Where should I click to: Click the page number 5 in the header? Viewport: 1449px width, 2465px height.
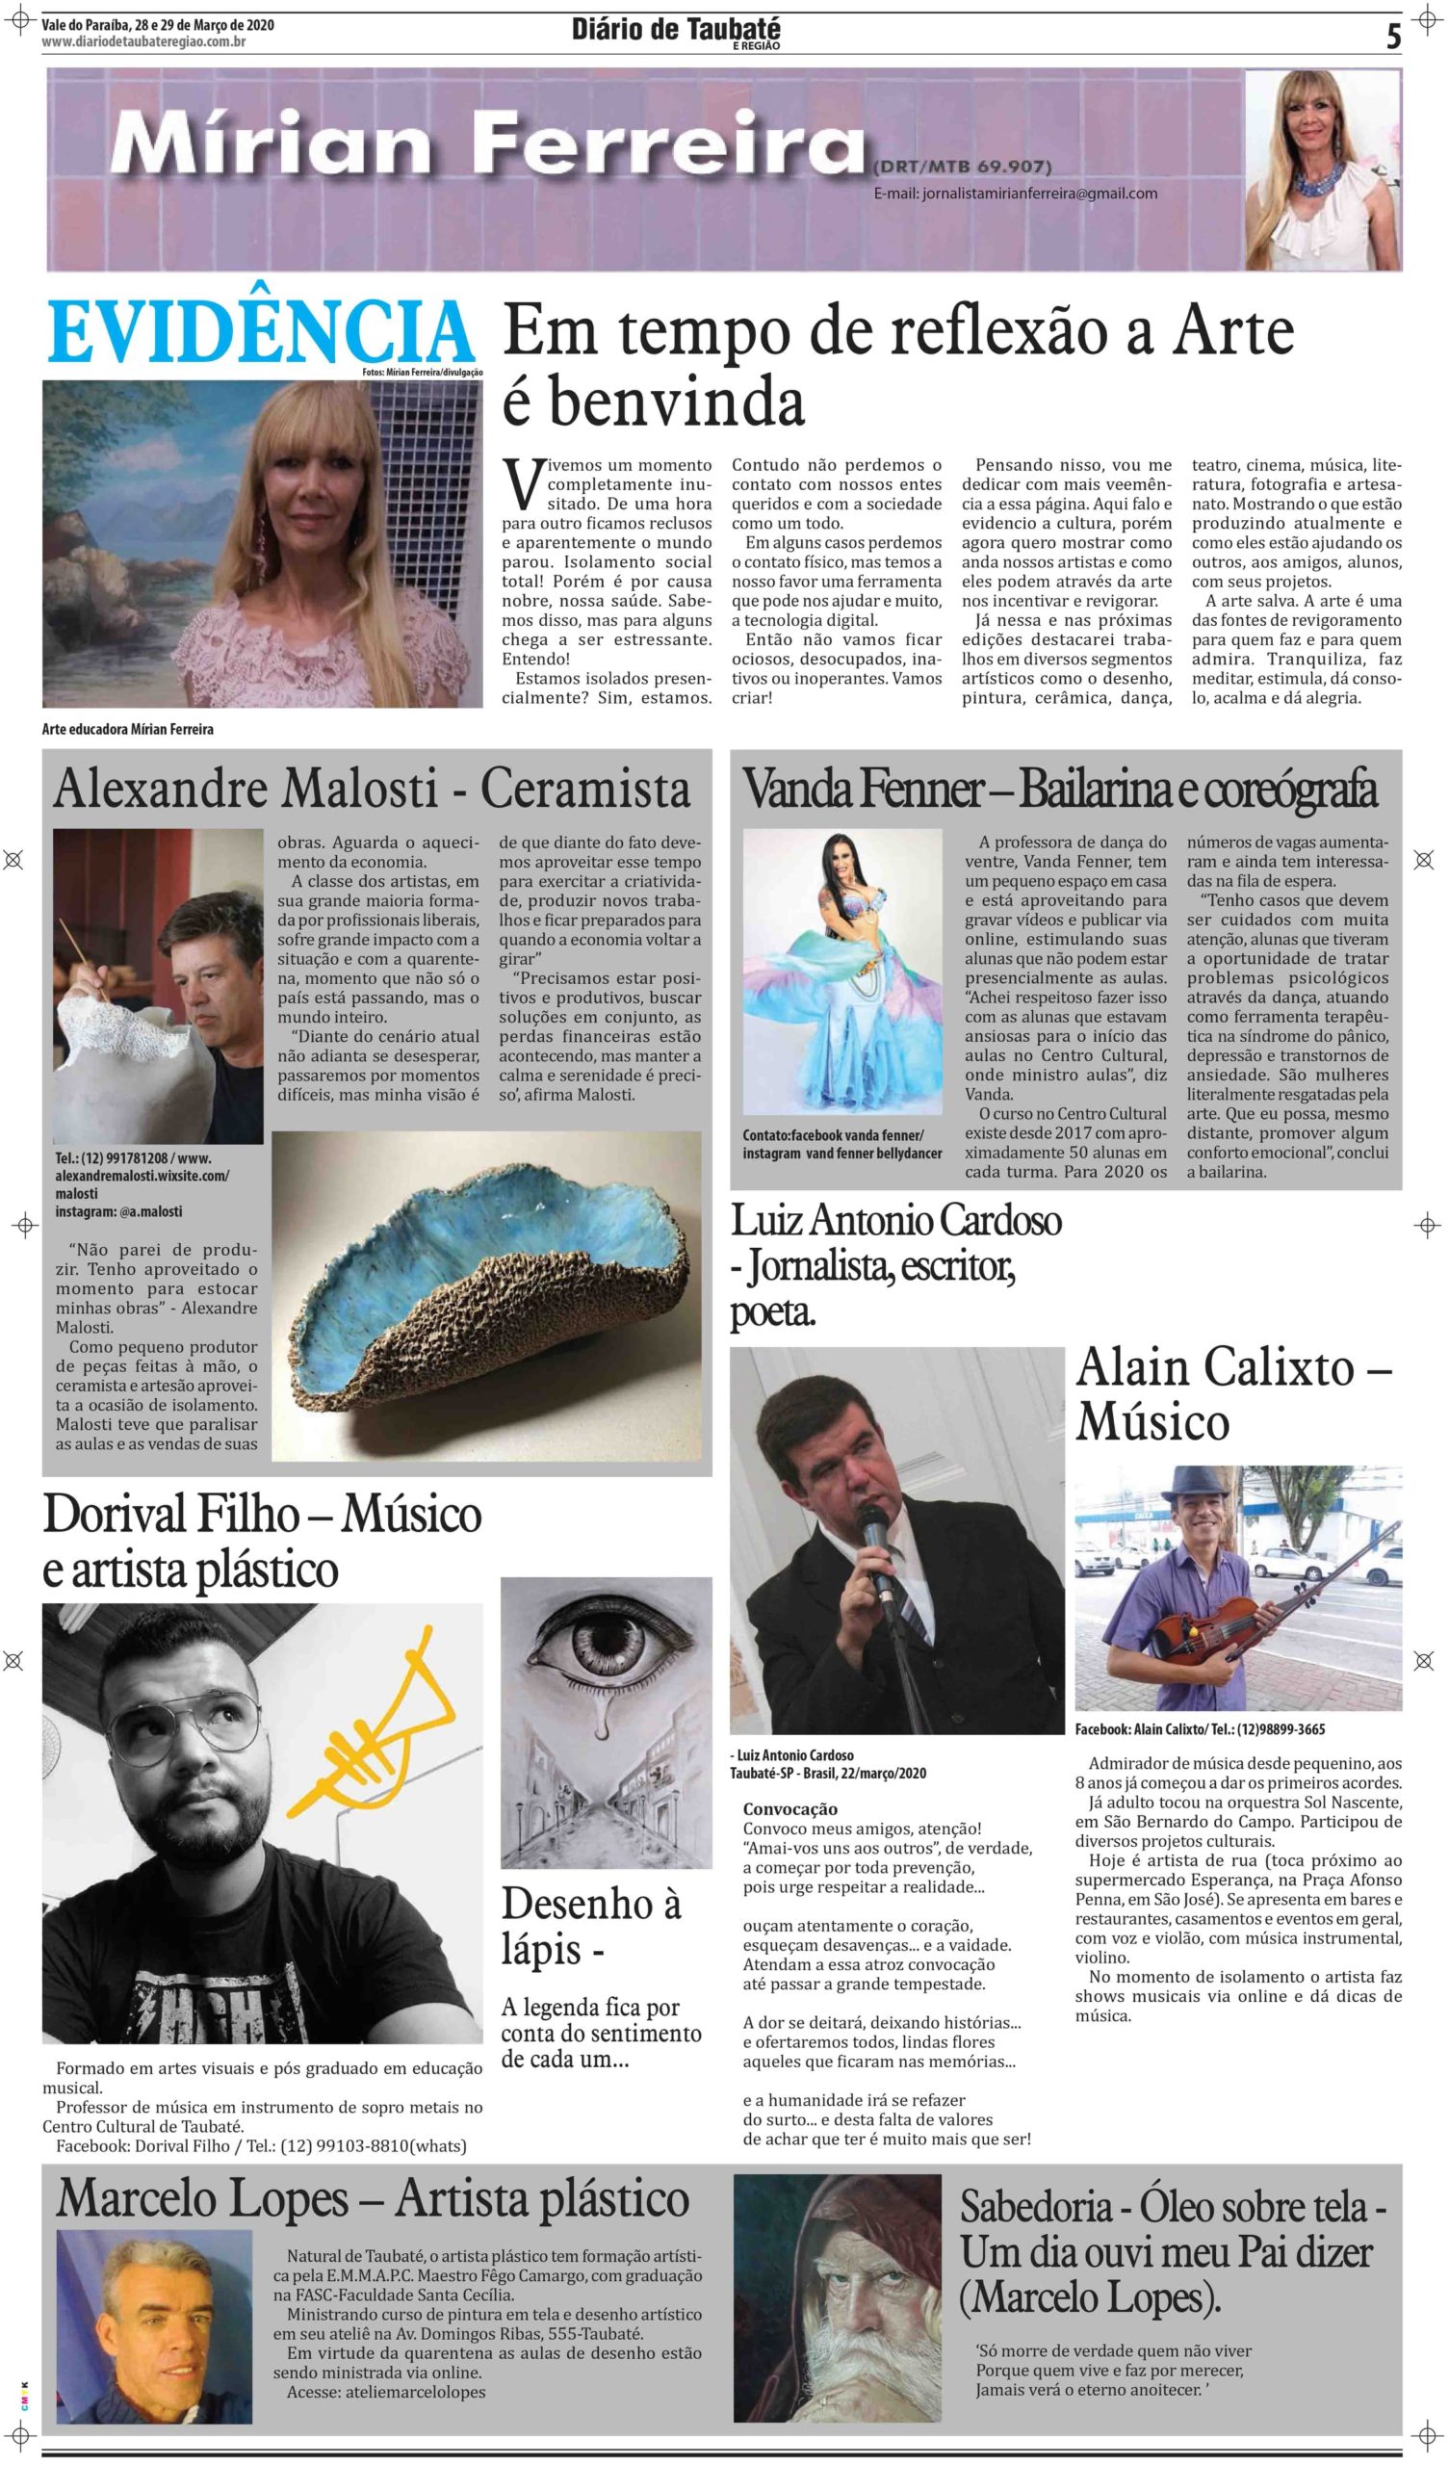coord(1392,38)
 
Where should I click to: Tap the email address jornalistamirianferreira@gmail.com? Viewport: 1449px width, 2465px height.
coord(1015,194)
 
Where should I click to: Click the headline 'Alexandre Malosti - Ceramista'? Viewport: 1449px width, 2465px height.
coord(372,790)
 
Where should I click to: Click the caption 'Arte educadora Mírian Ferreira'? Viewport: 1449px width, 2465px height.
coord(128,729)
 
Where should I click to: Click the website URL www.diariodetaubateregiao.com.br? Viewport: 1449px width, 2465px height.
coord(143,42)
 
